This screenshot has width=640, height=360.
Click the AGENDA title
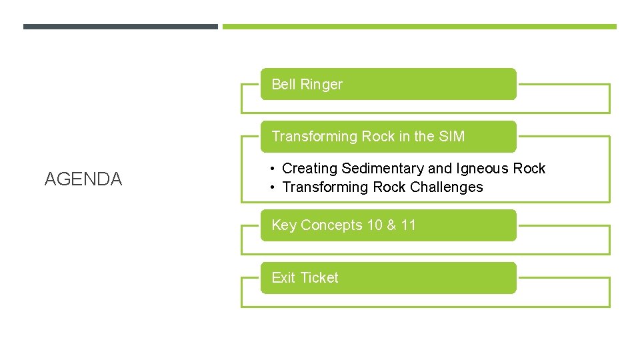(83, 179)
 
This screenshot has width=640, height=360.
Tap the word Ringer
(321, 85)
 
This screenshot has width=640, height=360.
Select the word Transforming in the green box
(315, 137)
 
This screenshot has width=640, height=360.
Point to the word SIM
(452, 137)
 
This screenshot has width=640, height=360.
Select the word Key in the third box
(284, 225)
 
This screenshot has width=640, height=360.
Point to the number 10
(375, 225)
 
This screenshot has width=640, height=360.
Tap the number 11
(408, 225)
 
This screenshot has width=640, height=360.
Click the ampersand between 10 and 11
(391, 225)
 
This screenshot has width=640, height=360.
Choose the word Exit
(284, 278)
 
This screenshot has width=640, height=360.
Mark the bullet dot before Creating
(274, 169)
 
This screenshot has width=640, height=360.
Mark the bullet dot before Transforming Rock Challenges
(274, 188)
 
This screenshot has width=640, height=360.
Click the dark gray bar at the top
(120, 27)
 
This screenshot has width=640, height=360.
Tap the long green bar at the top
(419, 27)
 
